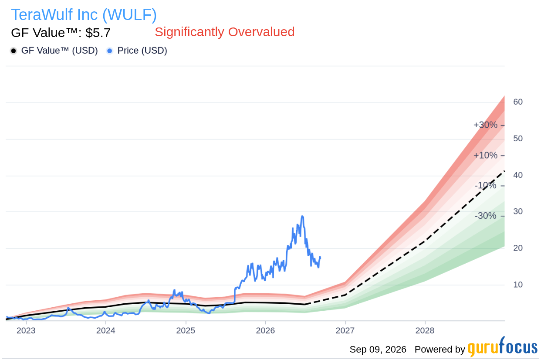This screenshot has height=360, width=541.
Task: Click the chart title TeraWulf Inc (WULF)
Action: [84, 15]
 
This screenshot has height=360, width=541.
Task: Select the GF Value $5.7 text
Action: [61, 33]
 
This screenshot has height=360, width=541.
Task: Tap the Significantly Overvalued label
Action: [225, 32]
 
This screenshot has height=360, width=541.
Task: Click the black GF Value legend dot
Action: [14, 51]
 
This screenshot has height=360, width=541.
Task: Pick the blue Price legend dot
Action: [110, 51]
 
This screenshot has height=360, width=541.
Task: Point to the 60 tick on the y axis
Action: [518, 102]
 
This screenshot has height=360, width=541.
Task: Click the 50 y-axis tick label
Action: [518, 139]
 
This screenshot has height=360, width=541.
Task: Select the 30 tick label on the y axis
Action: [518, 211]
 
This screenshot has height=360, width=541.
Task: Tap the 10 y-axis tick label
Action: [518, 285]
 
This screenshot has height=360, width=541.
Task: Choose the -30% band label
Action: [485, 215]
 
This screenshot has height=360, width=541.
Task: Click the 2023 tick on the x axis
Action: [26, 330]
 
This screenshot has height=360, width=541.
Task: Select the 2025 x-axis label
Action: [186, 330]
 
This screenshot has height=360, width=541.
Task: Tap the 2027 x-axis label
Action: [345, 330]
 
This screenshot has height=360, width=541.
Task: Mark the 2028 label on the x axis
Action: [425, 330]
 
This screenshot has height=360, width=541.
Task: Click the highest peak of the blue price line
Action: [302, 216]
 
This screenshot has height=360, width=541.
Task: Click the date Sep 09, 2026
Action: [378, 350]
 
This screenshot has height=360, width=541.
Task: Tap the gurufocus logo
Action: [502, 347]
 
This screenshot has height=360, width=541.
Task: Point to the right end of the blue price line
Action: [320, 257]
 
